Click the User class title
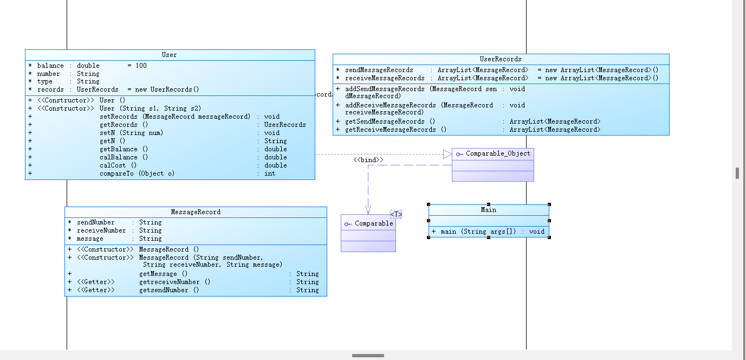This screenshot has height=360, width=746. pyautogui.click(x=169, y=55)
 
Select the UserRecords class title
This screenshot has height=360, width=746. pyautogui.click(x=500, y=59)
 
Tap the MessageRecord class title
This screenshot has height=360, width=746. pyautogui.click(x=196, y=212)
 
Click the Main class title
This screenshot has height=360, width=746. pyautogui.click(x=488, y=210)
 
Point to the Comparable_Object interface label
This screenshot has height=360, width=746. pyautogui.click(x=498, y=153)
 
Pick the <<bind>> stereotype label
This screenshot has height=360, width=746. pyautogui.click(x=368, y=160)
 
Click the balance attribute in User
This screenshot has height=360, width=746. pyautogui.click(x=50, y=66)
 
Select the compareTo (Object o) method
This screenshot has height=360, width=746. pyautogui.click(x=137, y=173)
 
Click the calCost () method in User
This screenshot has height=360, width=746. pyautogui.click(x=118, y=165)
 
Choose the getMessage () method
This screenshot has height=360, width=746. pyautogui.click(x=163, y=274)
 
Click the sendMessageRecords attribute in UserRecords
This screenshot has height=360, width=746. pyautogui.click(x=379, y=70)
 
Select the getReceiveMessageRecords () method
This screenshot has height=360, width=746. pyautogui.click(x=395, y=130)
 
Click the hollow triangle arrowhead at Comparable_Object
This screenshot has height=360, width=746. pyautogui.click(x=447, y=154)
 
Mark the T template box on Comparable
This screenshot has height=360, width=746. pyautogui.click(x=396, y=214)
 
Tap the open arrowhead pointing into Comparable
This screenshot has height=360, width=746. pyautogui.click(x=368, y=210)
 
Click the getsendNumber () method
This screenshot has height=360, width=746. pyautogui.click(x=169, y=290)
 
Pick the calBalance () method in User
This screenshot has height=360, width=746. pyautogui.click(x=124, y=157)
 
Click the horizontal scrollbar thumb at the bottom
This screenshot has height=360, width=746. pyautogui.click(x=368, y=356)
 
